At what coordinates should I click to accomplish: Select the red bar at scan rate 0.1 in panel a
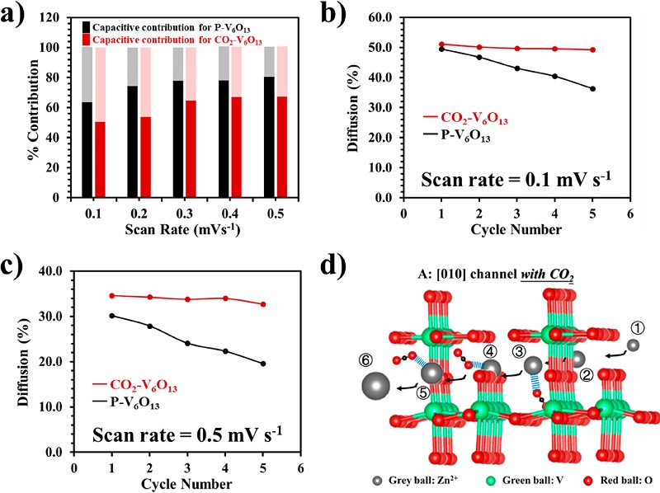[101, 160]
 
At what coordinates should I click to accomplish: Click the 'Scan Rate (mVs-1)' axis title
[177, 233]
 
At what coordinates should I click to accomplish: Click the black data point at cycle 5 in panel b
[593, 89]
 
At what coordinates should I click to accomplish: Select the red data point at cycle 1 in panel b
[441, 45]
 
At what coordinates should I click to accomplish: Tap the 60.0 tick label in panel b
[376, 17]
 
